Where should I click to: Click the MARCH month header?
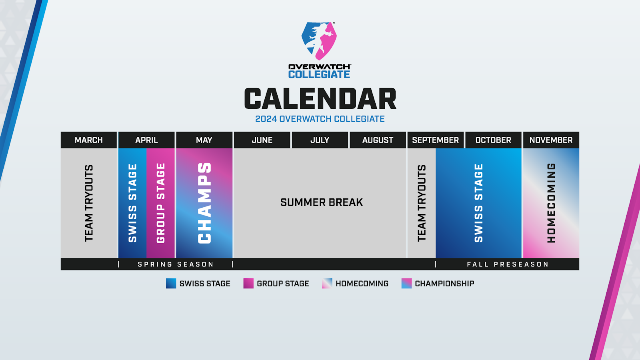(x=88, y=140)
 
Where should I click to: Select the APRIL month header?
(x=146, y=140)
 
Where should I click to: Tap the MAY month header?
(x=204, y=140)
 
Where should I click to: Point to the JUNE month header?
(x=262, y=140)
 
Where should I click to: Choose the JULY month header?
(x=320, y=140)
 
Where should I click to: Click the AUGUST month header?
(x=378, y=140)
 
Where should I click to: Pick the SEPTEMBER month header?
(x=436, y=140)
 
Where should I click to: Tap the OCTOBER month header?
(x=494, y=140)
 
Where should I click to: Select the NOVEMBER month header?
(x=551, y=140)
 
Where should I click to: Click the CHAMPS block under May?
(x=204, y=203)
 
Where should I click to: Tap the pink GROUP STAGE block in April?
(x=160, y=203)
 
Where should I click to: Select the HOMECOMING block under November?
(x=551, y=203)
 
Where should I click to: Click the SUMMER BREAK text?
(x=322, y=202)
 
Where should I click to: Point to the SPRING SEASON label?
(x=176, y=264)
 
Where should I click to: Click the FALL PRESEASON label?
(x=508, y=264)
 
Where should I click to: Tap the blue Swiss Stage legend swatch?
(x=171, y=284)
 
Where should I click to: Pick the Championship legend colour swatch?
(x=406, y=284)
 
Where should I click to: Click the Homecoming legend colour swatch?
(x=327, y=284)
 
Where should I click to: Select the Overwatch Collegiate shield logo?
(x=319, y=41)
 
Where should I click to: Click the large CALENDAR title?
(x=320, y=98)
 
